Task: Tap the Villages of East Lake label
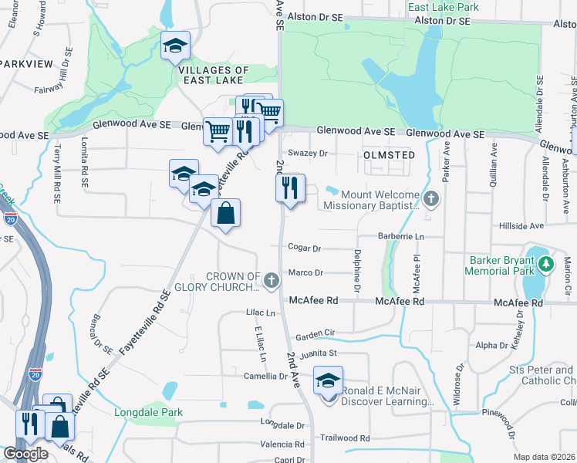tap(214, 76)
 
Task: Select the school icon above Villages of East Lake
tap(175, 46)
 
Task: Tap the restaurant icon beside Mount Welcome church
tap(290, 188)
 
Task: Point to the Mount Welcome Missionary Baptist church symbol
tap(431, 199)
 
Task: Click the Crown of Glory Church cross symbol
tap(271, 282)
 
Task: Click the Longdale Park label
tap(148, 412)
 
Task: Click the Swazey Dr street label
tap(308, 153)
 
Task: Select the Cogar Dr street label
tap(304, 248)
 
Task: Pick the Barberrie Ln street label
tap(401, 235)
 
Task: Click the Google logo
tap(25, 455)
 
